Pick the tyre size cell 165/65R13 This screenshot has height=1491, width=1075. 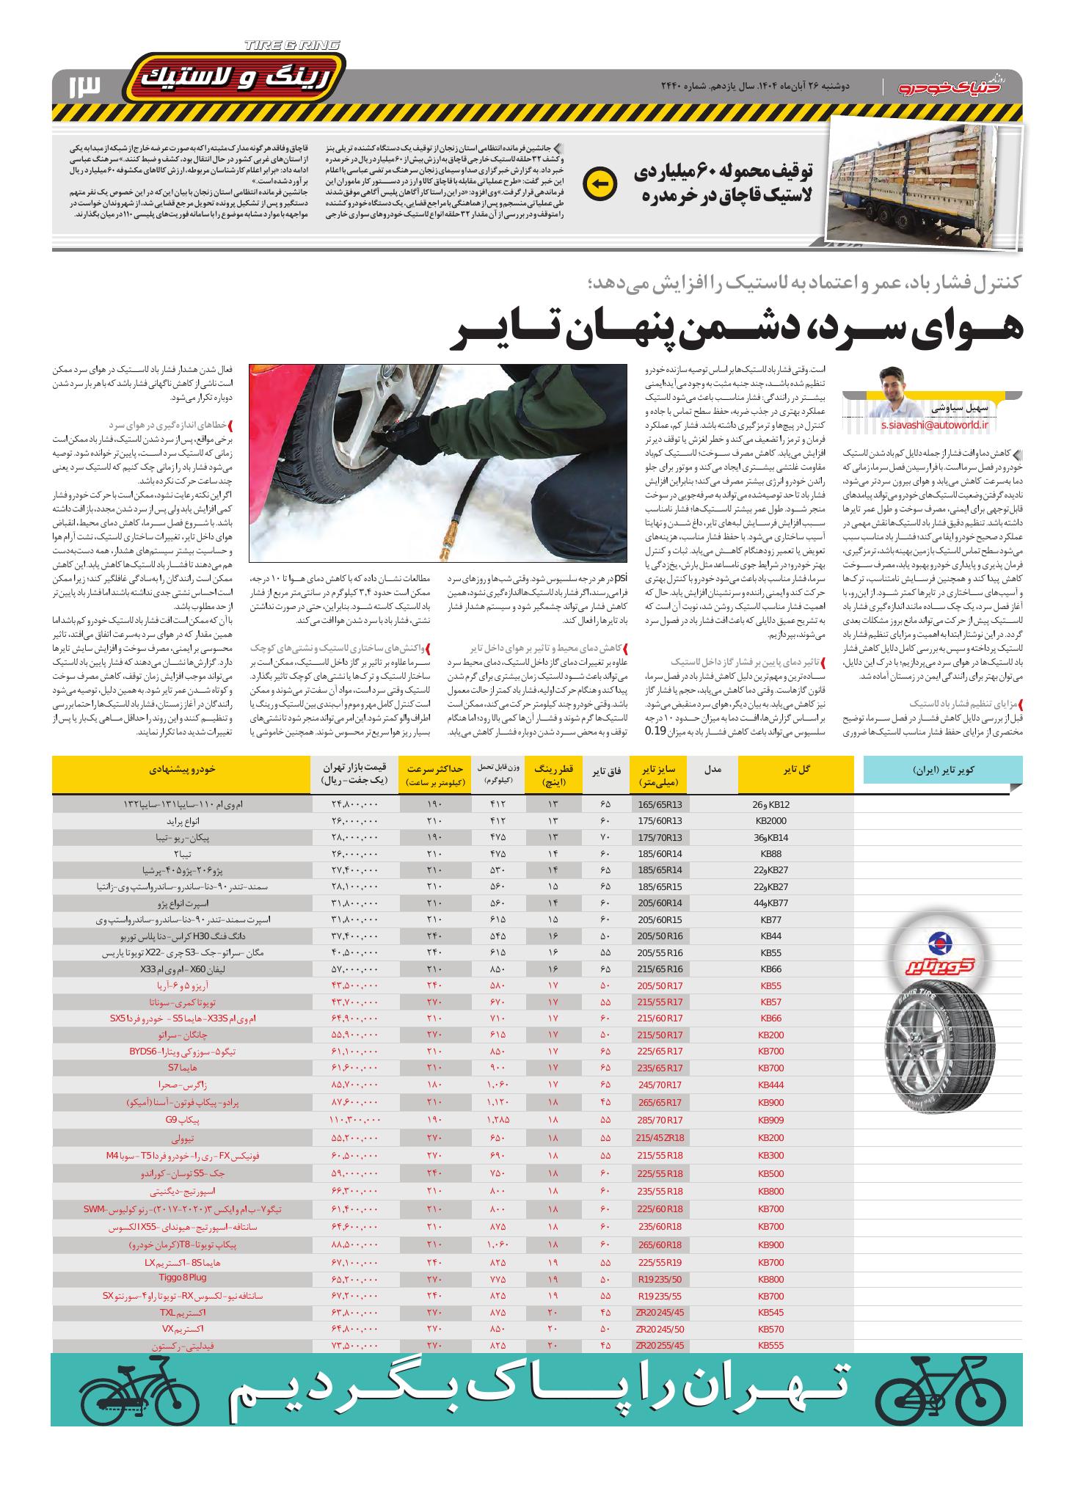[659, 804]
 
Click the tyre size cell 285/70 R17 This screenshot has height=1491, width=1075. [659, 1120]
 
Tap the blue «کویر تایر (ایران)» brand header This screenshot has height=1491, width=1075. [942, 770]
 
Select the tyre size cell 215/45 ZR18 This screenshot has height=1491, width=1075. [659, 1136]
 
